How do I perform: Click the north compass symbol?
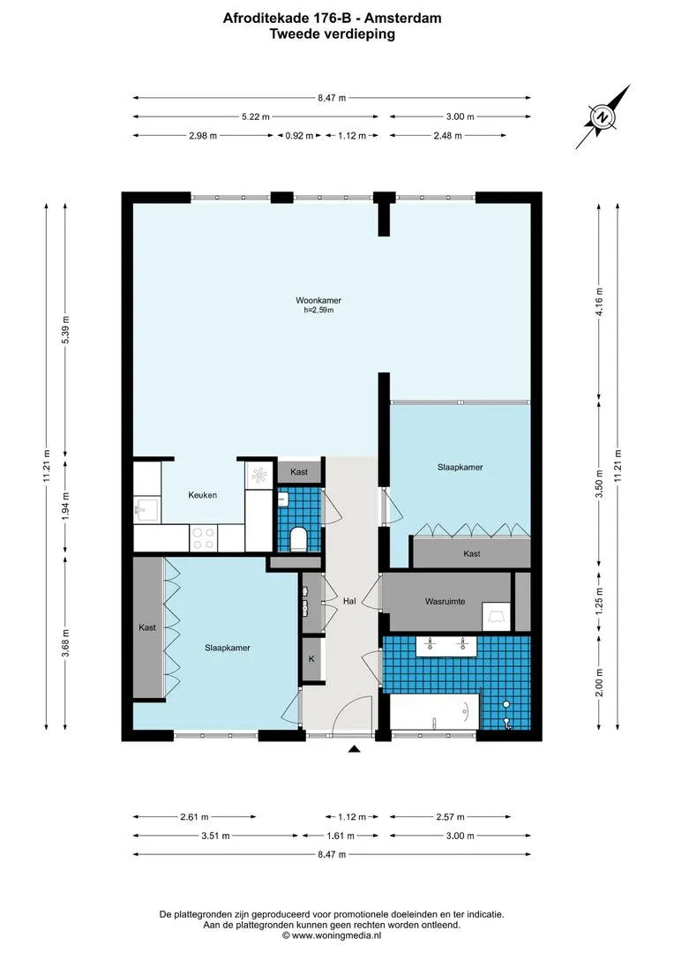click(x=603, y=117)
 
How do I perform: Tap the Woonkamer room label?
click(x=318, y=300)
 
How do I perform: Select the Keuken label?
click(x=202, y=495)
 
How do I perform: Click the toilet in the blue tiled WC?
click(x=298, y=539)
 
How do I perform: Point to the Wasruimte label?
click(x=445, y=602)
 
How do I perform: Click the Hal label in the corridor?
click(x=349, y=601)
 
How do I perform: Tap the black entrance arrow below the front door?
click(x=355, y=749)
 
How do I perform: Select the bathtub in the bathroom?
click(x=434, y=712)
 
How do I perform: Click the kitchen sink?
click(x=147, y=509)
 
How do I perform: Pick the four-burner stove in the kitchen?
click(x=203, y=538)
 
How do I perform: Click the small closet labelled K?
click(x=311, y=659)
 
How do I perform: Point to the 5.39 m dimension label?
click(x=65, y=330)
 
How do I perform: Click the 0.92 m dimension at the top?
click(x=299, y=136)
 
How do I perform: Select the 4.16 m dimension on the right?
click(x=599, y=302)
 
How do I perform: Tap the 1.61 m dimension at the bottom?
click(x=341, y=836)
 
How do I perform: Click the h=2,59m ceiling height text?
click(x=318, y=310)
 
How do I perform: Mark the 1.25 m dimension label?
click(x=599, y=601)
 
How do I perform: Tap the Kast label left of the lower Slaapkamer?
click(x=147, y=628)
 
